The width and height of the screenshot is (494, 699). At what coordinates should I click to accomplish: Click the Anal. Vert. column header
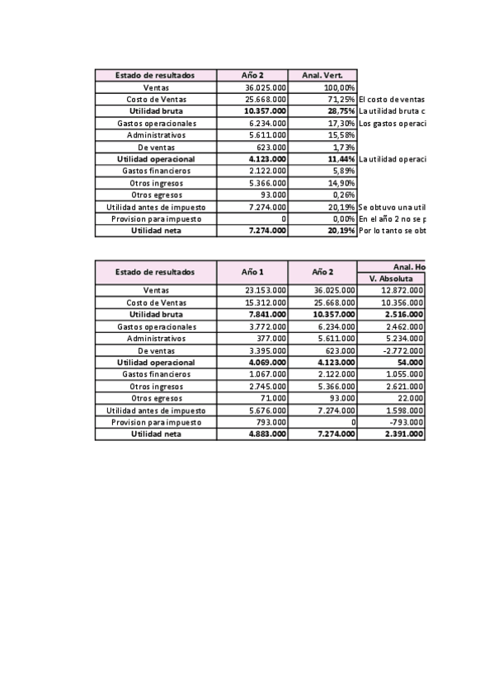(322, 75)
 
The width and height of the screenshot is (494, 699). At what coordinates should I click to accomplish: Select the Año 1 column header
(252, 272)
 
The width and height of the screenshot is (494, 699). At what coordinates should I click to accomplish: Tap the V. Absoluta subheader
(391, 279)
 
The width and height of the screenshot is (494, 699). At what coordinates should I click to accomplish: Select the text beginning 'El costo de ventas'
(392, 99)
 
